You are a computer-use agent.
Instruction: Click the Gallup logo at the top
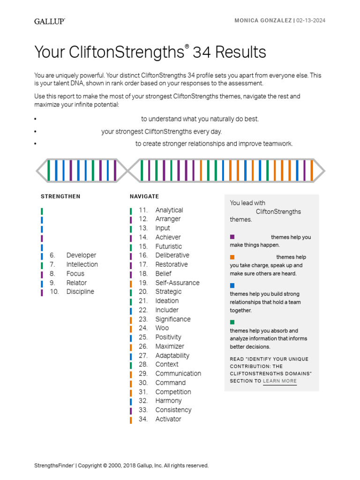tap(49, 21)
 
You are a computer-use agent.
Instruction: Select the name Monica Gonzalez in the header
tap(263, 21)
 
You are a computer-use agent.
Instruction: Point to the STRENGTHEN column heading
tap(60, 196)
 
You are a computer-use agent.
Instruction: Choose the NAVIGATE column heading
tap(144, 196)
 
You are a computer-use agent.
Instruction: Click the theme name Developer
tap(81, 255)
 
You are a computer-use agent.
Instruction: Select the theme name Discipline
tap(80, 292)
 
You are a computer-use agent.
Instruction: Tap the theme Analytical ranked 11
tap(169, 210)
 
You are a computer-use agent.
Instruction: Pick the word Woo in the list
tap(162, 328)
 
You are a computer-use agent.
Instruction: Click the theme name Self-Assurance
tap(177, 283)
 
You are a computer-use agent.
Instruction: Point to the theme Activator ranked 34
tap(168, 419)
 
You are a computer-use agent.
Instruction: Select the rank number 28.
tap(143, 364)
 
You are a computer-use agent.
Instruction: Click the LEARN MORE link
tap(280, 381)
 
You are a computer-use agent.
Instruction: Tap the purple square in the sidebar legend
tap(232, 237)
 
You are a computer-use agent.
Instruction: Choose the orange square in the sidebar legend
tap(232, 257)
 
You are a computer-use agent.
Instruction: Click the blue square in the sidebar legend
tap(232, 285)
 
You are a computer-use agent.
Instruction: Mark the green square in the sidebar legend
tap(232, 322)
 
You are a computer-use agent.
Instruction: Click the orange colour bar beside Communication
tap(131, 374)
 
